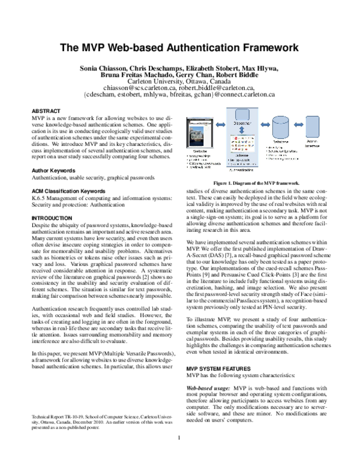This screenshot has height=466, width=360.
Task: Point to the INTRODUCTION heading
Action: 52,217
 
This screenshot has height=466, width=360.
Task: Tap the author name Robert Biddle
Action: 257,76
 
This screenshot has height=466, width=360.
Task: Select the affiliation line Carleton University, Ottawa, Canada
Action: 180,82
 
